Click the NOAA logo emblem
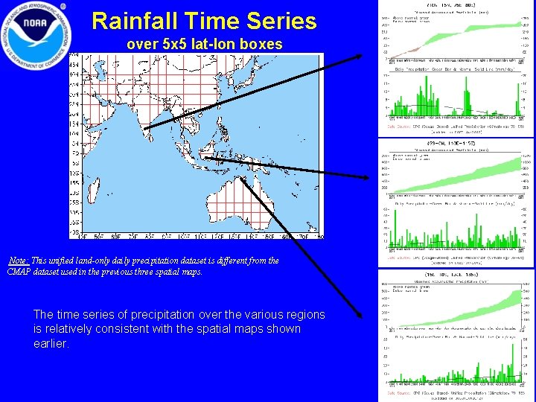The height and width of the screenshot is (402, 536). pyautogui.click(x=35, y=34)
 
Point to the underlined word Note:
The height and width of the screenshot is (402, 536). pyautogui.click(x=19, y=261)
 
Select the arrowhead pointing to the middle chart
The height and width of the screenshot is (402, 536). pyautogui.click(x=366, y=176)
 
